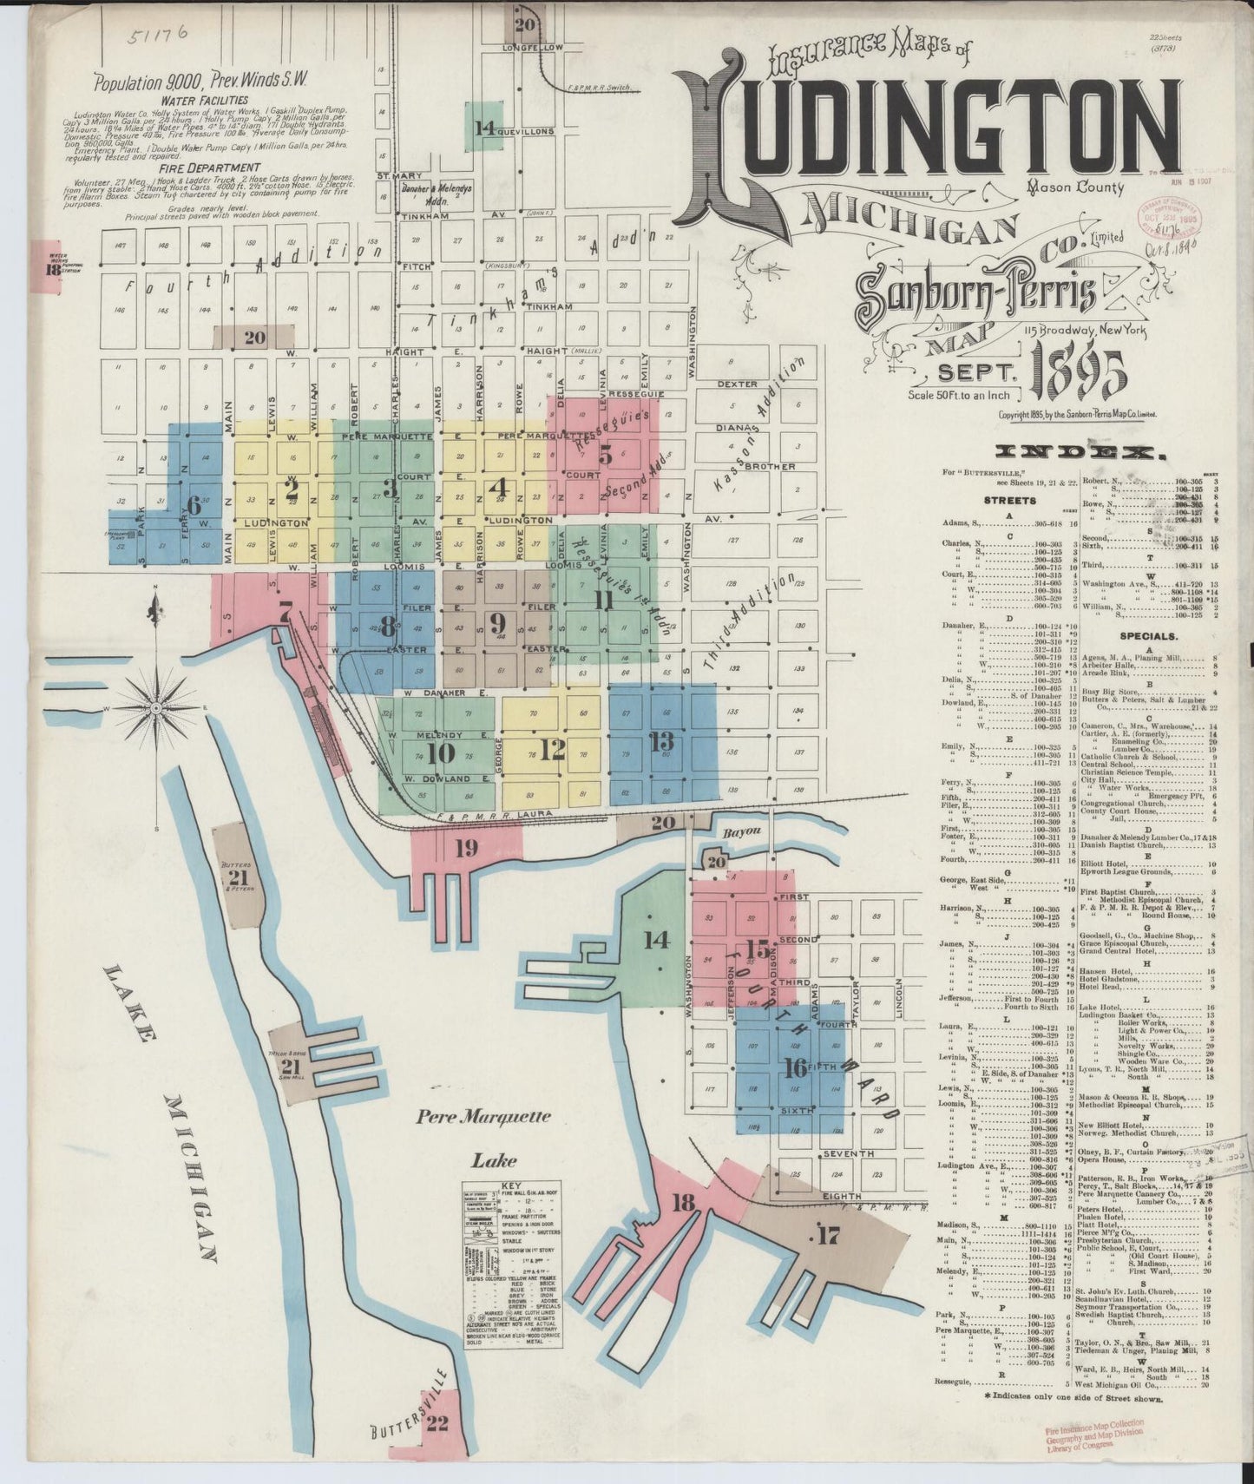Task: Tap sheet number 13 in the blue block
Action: [661, 741]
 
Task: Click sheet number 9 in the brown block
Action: [496, 621]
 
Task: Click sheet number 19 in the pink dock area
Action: [466, 848]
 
